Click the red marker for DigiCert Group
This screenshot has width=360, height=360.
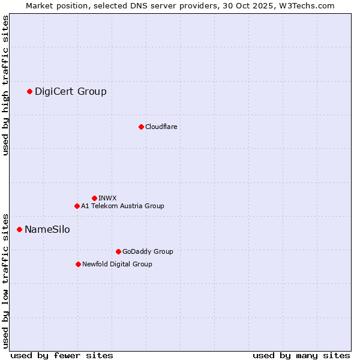pos(29,91)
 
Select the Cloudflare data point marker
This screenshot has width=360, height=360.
pos(141,127)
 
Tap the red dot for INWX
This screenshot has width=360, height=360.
pos(94,198)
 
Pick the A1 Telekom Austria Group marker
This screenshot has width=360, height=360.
pos(77,206)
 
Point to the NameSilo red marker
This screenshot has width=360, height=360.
pos(19,229)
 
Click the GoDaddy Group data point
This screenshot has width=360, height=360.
pos(118,251)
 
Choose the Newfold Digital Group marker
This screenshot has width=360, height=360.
pos(78,264)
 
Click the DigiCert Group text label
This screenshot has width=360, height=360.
pos(71,91)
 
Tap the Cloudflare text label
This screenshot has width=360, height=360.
pos(161,127)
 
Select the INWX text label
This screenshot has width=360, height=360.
pos(107,198)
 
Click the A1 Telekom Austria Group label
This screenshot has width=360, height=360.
pos(122,206)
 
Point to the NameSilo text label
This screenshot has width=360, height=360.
pos(47,229)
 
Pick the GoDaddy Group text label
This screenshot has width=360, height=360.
pos(148,251)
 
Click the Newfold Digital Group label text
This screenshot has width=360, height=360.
pos(117,264)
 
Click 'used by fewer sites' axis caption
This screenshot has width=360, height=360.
pos(62,355)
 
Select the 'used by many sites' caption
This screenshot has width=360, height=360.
pos(301,355)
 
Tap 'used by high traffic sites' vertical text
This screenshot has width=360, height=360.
pos(5,85)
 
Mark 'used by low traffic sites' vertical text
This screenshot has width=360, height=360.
pos(5,280)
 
